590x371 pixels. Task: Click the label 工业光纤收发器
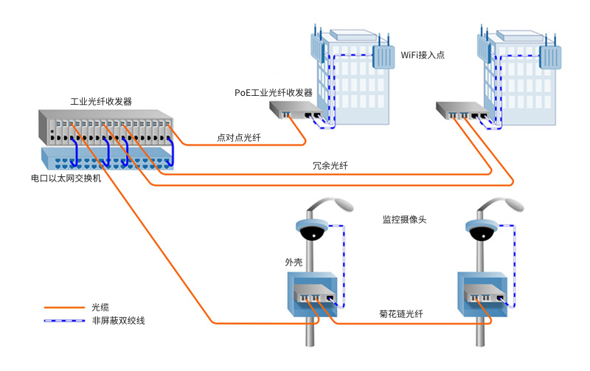[x=101, y=102]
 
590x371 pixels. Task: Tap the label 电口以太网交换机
[x=66, y=178]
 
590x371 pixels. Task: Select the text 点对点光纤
[x=239, y=138]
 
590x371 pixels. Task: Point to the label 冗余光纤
[x=330, y=165]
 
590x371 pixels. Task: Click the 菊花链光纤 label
[x=401, y=313]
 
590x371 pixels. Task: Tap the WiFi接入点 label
[x=423, y=55]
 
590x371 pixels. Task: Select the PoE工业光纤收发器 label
[x=274, y=92]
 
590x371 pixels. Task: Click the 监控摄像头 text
[x=404, y=219]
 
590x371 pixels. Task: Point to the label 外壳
[x=294, y=263]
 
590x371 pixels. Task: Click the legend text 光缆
[x=100, y=308]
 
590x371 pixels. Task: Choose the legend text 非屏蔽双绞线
[x=119, y=321]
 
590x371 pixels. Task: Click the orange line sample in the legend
[x=64, y=308]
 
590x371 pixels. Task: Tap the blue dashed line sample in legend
[x=64, y=321]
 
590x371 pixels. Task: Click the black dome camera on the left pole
[x=312, y=233]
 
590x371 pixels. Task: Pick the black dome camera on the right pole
[x=482, y=233]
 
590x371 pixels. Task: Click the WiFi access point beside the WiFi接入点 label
[x=383, y=57]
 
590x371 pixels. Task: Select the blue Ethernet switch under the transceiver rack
[x=108, y=159]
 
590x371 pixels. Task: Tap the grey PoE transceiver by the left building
[x=296, y=109]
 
